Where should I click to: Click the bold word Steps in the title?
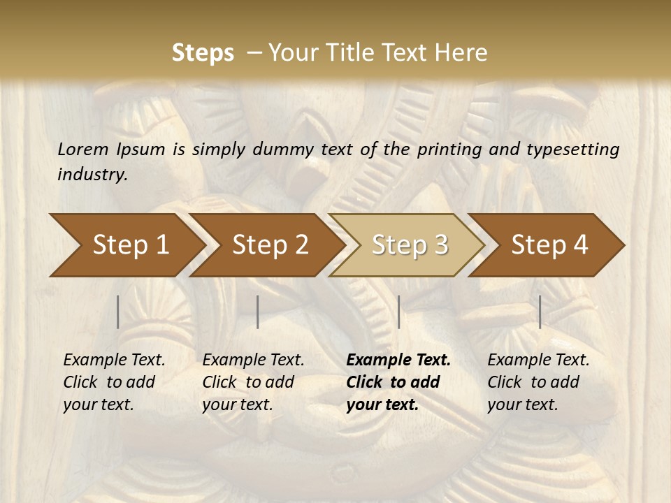pyautogui.click(x=203, y=53)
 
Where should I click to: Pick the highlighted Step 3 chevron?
pyautogui.click(x=410, y=245)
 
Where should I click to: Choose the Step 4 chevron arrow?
pyautogui.click(x=549, y=245)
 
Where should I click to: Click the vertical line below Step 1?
pyautogui.click(x=118, y=312)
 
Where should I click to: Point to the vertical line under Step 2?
pyautogui.click(x=258, y=312)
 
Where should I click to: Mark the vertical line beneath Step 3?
pyautogui.click(x=398, y=312)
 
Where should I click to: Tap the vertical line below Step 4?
pyautogui.click(x=540, y=312)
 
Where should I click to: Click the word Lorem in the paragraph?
pyautogui.click(x=82, y=150)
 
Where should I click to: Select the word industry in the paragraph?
pyautogui.click(x=92, y=175)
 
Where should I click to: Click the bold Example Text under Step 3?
pyautogui.click(x=398, y=360)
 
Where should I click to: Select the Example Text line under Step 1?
pyautogui.click(x=114, y=360)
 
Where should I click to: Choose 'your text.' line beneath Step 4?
pyautogui.click(x=522, y=404)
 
